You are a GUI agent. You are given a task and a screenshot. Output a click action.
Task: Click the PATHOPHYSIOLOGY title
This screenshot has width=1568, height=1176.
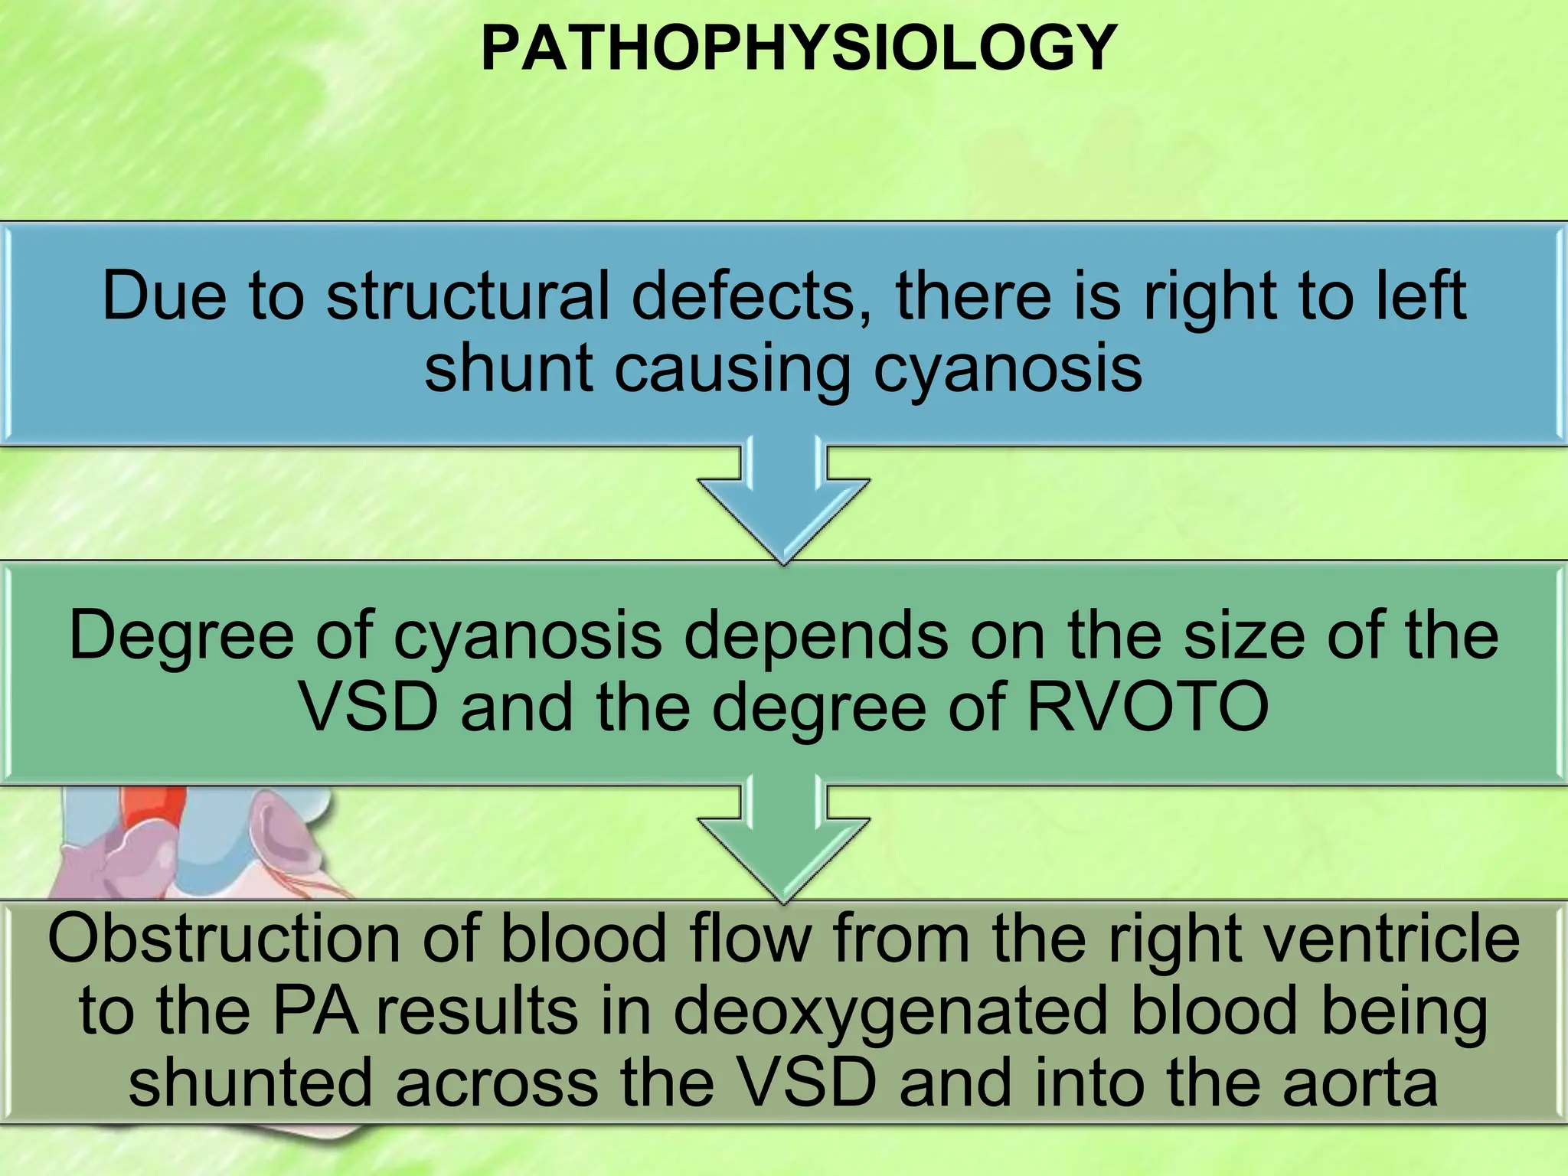pos(799,48)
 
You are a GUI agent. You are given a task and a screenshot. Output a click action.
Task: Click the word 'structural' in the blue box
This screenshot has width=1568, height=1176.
pos(468,296)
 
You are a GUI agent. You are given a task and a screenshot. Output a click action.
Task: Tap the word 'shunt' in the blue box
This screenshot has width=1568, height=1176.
pos(509,368)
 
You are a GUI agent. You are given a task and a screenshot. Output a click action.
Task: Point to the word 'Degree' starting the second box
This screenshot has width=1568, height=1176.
pos(181,635)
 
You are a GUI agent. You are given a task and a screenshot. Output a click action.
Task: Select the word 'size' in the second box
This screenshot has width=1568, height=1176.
pos(1244,635)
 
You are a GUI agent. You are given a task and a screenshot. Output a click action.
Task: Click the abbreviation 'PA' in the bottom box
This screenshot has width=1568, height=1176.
pos(315,1011)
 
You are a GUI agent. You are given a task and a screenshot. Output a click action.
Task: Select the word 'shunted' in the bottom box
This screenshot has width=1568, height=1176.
pos(250,1083)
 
